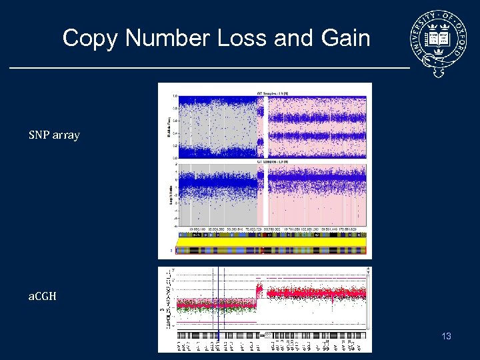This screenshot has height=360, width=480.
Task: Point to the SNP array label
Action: point(54,135)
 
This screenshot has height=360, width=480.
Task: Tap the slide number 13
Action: point(446,336)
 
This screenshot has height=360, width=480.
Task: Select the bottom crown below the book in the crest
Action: point(438,51)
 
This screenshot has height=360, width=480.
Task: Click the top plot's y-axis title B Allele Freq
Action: point(168,125)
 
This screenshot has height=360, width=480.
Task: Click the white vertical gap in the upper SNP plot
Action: point(261,127)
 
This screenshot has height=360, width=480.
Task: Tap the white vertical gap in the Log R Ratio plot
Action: point(261,193)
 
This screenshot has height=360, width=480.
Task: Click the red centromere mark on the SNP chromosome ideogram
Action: point(261,251)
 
